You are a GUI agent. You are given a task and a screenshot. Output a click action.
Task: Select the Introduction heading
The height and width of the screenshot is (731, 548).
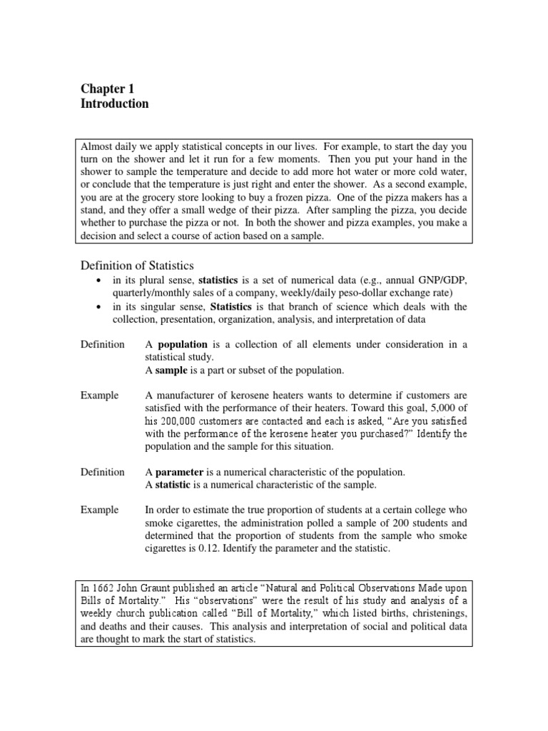point(114,104)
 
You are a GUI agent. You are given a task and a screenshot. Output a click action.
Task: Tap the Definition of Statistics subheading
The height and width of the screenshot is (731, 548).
point(136,266)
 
